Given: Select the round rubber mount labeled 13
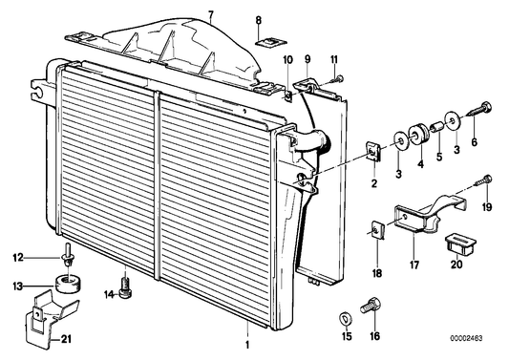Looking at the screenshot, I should pos(65,284).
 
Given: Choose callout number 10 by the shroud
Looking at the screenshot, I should pos(286,60).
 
